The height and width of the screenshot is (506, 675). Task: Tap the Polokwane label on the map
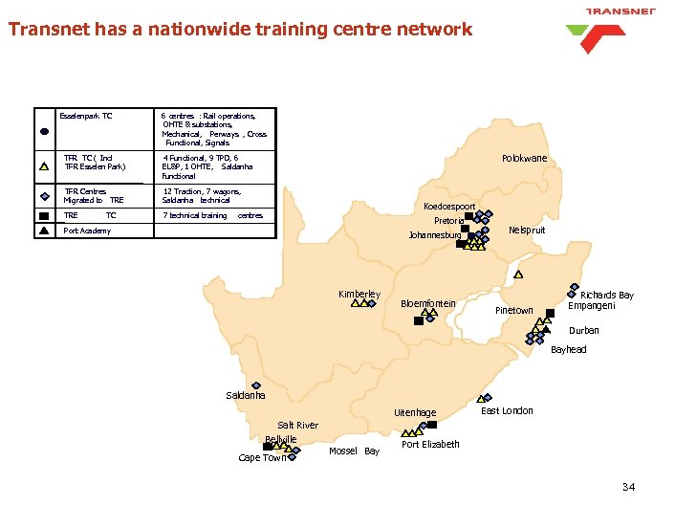tap(524, 159)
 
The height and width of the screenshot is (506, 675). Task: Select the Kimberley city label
tap(359, 294)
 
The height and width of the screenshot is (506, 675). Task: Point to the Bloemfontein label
tap(427, 304)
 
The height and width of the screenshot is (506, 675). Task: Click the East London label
tap(507, 411)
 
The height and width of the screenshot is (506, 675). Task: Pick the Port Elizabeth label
tap(430, 444)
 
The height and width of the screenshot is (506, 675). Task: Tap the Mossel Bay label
tap(354, 451)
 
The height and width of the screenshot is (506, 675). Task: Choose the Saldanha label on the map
tap(246, 396)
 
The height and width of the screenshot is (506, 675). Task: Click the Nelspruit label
tap(527, 231)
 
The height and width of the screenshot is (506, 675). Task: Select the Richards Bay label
tap(606, 296)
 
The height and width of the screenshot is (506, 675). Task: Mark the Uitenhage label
tap(415, 413)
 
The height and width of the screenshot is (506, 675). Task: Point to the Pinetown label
tap(513, 311)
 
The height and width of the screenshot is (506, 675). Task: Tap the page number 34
tap(628, 488)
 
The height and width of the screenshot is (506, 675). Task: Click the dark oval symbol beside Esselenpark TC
tap(45, 130)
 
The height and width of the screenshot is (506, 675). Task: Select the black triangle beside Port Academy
tap(45, 231)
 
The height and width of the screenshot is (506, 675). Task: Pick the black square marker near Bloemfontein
tap(418, 321)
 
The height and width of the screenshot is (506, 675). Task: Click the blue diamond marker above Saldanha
tap(256, 385)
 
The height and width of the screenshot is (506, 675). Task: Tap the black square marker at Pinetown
tap(550, 312)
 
